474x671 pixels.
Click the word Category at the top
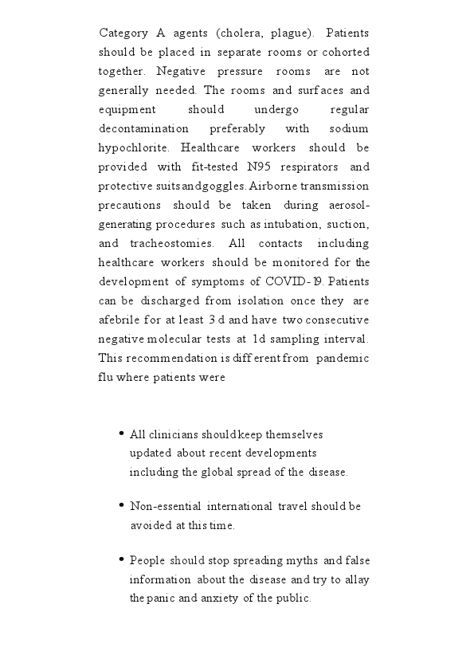122,33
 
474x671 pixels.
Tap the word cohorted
343,52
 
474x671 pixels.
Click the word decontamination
144,128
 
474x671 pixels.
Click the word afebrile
118,320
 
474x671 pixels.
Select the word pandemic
343,358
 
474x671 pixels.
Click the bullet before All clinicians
121,434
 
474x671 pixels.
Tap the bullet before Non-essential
121,505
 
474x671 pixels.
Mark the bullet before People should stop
121,559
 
